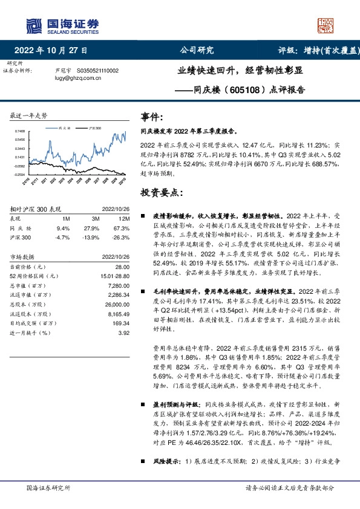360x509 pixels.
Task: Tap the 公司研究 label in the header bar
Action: pos(197,50)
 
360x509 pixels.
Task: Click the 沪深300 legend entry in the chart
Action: pos(94,129)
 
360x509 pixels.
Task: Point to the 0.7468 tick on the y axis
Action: pos(20,131)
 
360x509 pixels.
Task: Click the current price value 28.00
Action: pos(122,267)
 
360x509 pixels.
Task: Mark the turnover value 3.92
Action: pos(124,332)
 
